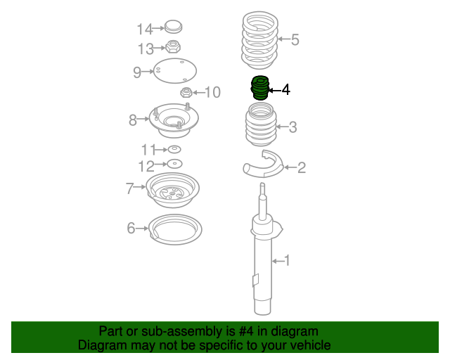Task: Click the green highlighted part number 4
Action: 260,88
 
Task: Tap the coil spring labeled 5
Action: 259,40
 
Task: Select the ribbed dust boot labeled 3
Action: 261,124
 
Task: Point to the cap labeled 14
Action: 174,27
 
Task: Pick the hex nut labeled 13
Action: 174,46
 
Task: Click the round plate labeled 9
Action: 175,71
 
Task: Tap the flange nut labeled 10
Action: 186,92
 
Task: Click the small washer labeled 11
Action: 174,149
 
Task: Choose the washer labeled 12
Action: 174,164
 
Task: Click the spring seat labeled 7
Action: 172,189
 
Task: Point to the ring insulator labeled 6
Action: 175,229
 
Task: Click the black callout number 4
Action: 285,90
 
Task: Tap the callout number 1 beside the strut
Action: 287,260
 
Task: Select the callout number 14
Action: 145,30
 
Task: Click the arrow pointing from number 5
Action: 284,39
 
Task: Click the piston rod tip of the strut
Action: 262,185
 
